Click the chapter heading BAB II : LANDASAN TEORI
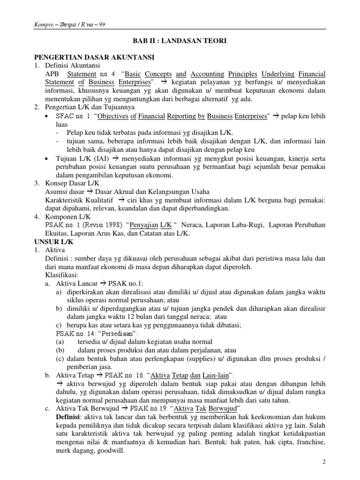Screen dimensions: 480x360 point(180,41)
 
